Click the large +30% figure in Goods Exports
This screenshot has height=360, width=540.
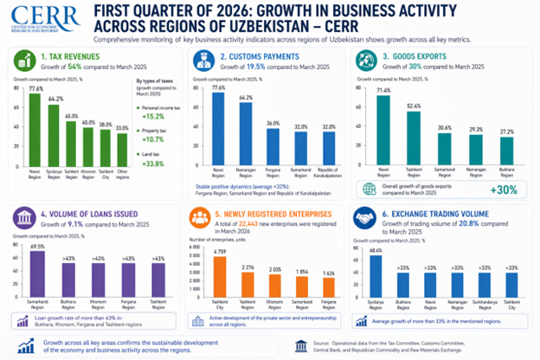[505, 190]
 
